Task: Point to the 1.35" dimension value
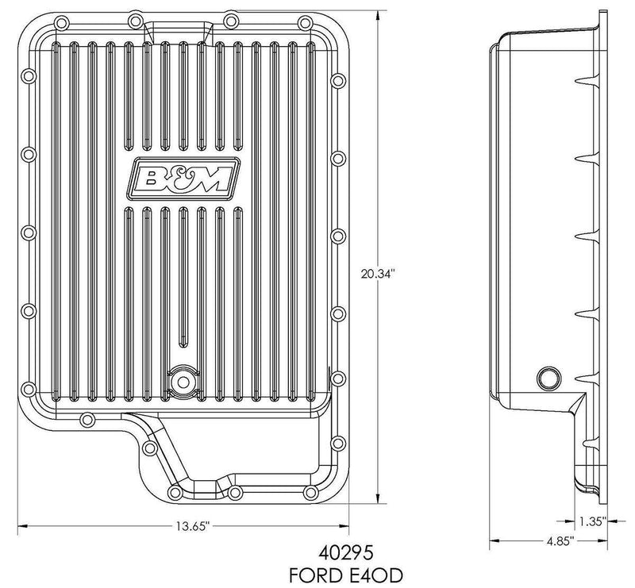click(x=592, y=521)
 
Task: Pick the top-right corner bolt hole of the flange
click(x=333, y=36)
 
